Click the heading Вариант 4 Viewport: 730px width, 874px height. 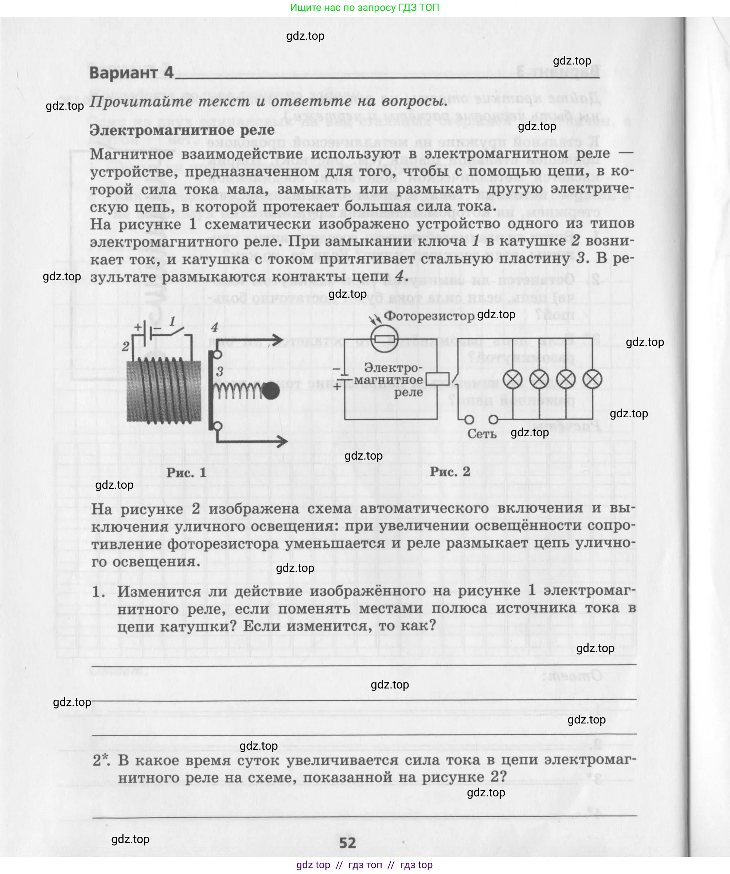pyautogui.click(x=131, y=73)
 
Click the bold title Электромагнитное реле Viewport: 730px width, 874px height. pyautogui.click(x=182, y=130)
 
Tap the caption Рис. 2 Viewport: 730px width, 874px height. pyautogui.click(x=449, y=472)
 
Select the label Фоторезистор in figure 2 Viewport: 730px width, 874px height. pyautogui.click(x=429, y=316)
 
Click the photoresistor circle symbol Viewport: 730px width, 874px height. pyautogui.click(x=384, y=339)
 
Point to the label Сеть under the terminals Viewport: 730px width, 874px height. pyautogui.click(x=481, y=434)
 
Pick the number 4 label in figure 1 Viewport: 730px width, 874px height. pyautogui.click(x=214, y=327)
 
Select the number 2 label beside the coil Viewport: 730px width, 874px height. pyautogui.click(x=126, y=346)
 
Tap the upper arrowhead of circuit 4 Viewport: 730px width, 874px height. pyautogui.click(x=276, y=340)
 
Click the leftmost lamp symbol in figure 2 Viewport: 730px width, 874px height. pyautogui.click(x=512, y=379)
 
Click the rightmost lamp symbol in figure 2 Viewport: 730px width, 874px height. pyautogui.click(x=592, y=379)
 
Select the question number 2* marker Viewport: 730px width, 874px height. pyautogui.click(x=102, y=760)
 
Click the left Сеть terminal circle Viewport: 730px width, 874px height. pyautogui.click(x=469, y=420)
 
